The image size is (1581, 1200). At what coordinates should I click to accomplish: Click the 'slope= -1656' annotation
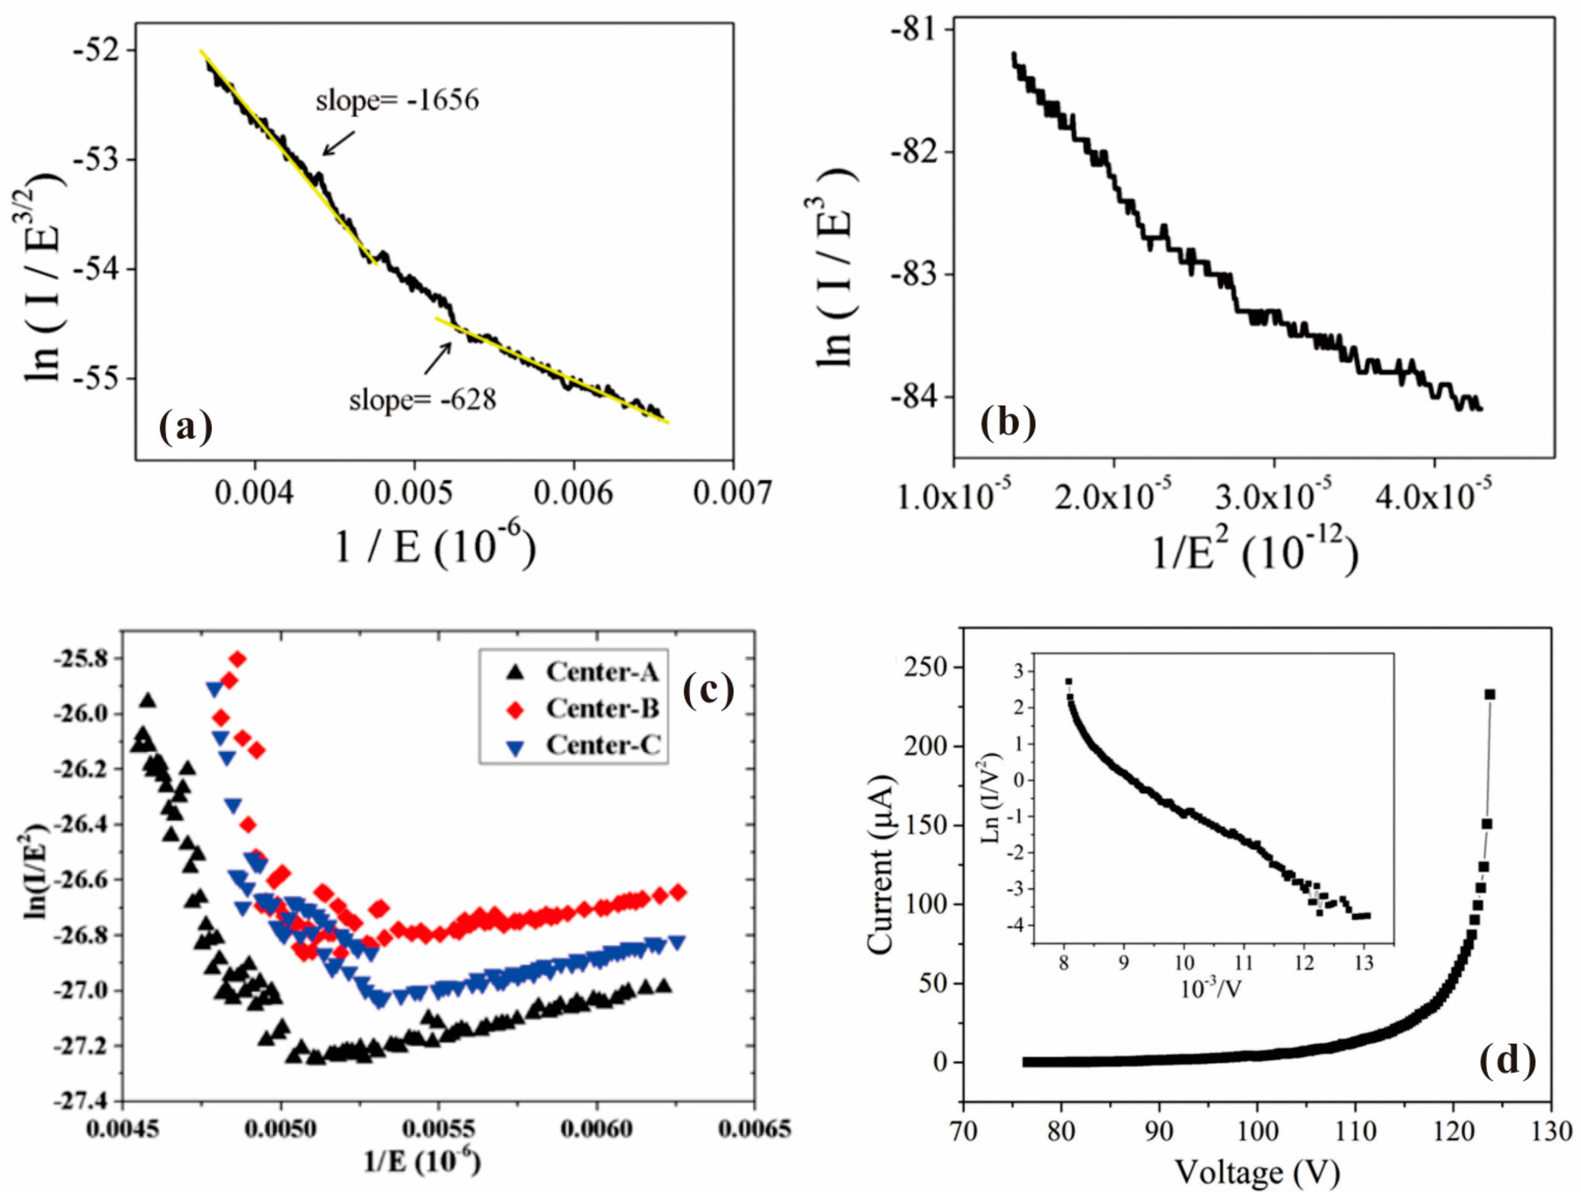click(x=397, y=101)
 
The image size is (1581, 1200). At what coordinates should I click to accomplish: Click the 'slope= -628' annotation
click(x=422, y=399)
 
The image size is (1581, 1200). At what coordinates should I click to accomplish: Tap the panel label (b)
click(x=1008, y=423)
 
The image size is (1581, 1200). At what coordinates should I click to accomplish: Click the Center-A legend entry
click(x=581, y=672)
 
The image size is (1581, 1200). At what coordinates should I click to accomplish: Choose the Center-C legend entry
click(x=581, y=746)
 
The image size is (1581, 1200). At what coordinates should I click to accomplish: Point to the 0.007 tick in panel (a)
click(x=732, y=493)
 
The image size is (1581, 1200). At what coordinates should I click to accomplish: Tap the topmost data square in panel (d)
click(x=1490, y=694)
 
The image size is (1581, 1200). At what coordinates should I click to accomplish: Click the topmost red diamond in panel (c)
click(x=238, y=659)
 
